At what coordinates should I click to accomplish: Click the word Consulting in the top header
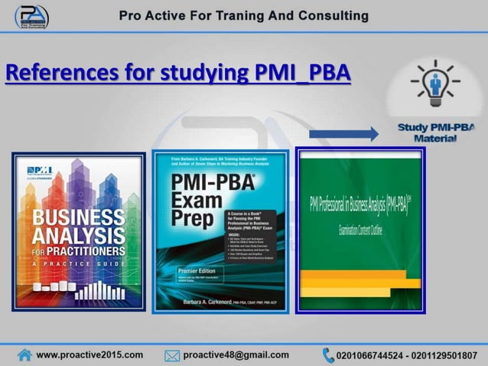(x=331, y=15)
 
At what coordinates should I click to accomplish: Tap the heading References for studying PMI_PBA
(x=178, y=74)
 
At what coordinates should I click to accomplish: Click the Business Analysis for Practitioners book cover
(x=78, y=231)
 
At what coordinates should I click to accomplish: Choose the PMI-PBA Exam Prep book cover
(x=220, y=231)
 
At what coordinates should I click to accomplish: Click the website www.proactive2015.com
(x=89, y=355)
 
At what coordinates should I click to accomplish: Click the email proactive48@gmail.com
(x=236, y=355)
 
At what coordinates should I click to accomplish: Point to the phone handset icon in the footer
(x=328, y=355)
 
